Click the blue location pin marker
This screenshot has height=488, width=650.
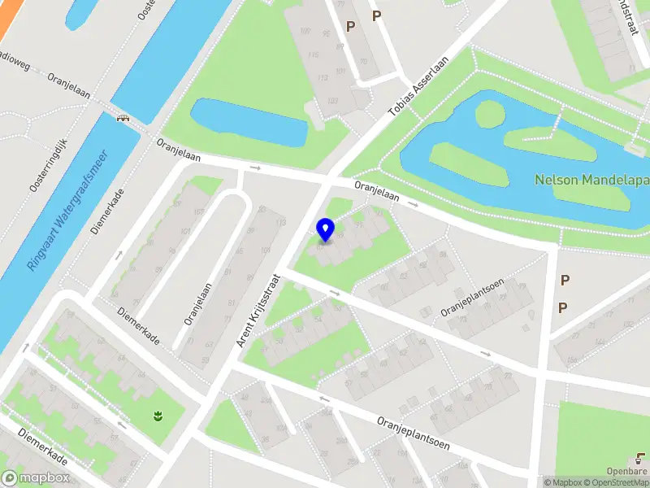click(325, 229)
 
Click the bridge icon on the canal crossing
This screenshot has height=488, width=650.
click(123, 117)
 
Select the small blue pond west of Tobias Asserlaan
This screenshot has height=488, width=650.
click(249, 122)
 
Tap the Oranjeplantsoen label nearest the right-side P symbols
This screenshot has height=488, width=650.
click(473, 297)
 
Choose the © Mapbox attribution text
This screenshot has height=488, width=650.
click(561, 482)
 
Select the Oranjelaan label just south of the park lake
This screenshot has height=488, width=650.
click(376, 191)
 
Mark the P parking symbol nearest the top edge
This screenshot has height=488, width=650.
click(376, 15)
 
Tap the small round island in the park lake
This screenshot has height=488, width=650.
click(489, 115)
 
